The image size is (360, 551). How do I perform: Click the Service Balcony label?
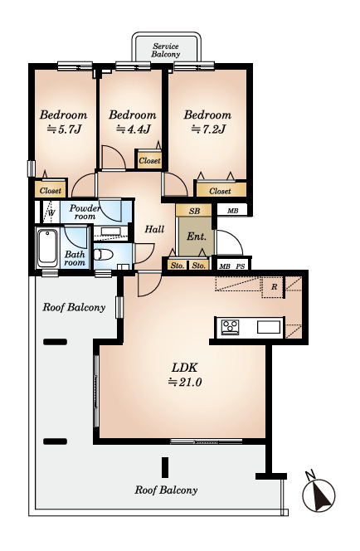pos(166,51)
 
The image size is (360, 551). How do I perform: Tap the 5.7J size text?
pos(64,129)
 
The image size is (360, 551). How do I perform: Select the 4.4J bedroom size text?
pos(134,129)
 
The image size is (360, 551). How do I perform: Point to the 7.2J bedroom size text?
pos(208,129)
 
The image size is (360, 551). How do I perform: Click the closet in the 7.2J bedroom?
pos(221,190)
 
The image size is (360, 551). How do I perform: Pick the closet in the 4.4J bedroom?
pos(149,160)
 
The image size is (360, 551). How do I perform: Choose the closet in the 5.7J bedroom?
pos(51,190)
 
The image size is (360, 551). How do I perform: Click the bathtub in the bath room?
pos(47,248)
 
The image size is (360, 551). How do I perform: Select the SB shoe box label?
pos(194,211)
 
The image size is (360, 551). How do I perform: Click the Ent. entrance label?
pos(197,236)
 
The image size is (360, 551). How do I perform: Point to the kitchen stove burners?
pos(230,327)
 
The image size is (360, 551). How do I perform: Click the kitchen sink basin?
pos(270,327)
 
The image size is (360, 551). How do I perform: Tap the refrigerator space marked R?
pos(274,287)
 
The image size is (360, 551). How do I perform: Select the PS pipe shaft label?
pos(241,266)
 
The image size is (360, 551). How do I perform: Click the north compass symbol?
pos(319,493)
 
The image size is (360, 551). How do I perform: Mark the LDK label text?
pos(185,368)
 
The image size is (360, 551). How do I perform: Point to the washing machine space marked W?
pos(51,212)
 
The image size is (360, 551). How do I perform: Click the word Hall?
pos(154,229)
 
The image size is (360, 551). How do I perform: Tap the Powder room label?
pos(85,212)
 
